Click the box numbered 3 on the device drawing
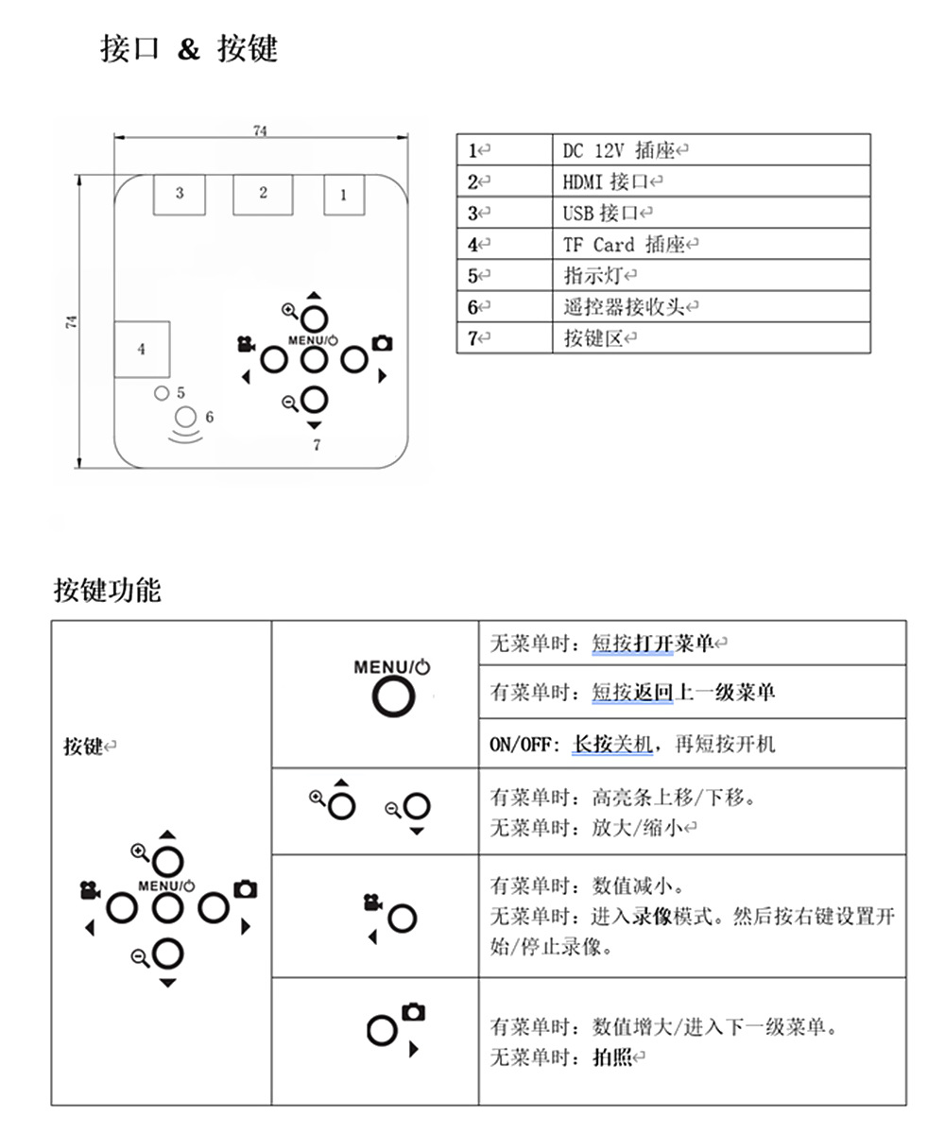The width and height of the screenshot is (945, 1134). (x=180, y=194)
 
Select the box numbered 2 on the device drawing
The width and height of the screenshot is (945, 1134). (x=263, y=194)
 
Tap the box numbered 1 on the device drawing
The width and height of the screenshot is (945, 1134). (x=343, y=196)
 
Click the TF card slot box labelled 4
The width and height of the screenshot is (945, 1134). (x=142, y=349)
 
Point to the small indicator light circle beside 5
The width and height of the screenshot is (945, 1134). (x=161, y=392)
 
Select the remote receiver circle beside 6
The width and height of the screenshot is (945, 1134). (x=187, y=417)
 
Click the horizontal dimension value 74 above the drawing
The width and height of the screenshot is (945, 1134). (x=260, y=131)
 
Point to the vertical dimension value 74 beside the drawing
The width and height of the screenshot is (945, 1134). (x=72, y=321)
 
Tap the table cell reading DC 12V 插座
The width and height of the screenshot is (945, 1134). (x=624, y=150)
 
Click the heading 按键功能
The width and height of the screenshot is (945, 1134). (x=107, y=591)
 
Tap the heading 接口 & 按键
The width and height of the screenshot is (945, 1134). (x=189, y=48)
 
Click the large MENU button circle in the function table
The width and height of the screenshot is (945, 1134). (x=393, y=697)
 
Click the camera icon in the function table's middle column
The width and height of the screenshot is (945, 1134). (x=414, y=1012)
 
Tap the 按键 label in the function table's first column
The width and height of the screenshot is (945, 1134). (x=83, y=747)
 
